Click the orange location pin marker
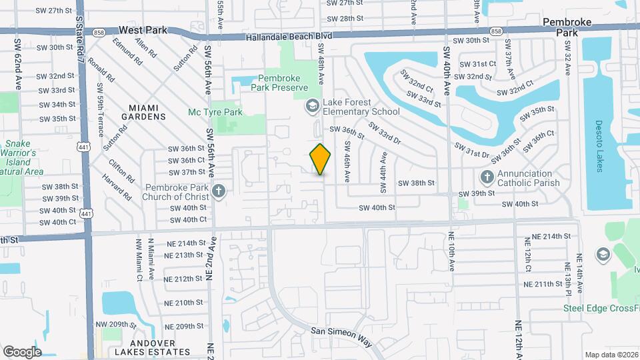click(x=321, y=159)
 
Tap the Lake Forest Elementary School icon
click(x=312, y=106)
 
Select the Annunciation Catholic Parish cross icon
click(x=487, y=178)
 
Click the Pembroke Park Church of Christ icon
click(x=218, y=193)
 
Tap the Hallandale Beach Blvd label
click(x=288, y=37)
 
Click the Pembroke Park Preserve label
click(x=279, y=83)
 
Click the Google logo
click(x=22, y=351)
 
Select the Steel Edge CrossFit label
click(x=601, y=307)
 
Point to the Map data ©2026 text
click(x=611, y=355)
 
